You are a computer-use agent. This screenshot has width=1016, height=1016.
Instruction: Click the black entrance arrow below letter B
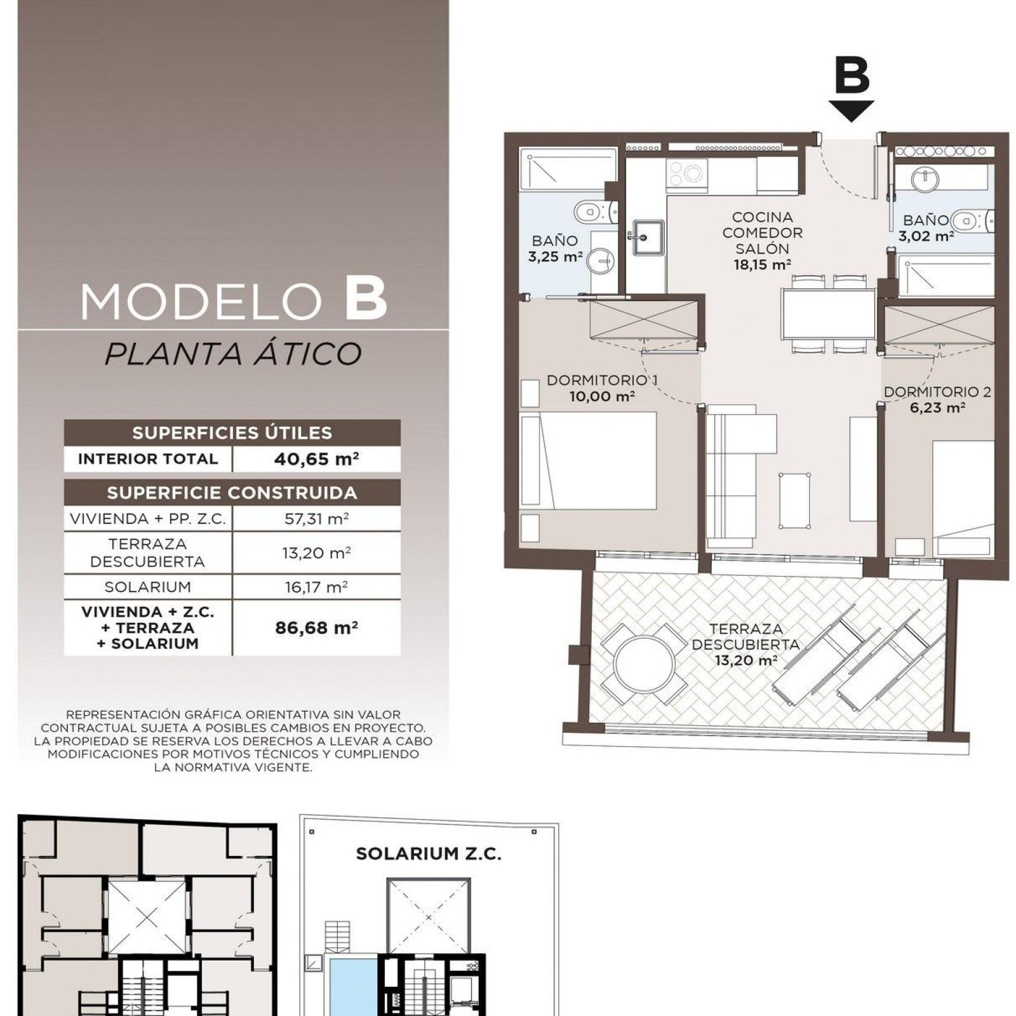coord(851,111)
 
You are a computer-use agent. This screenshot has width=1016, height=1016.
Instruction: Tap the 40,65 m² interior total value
coord(316,459)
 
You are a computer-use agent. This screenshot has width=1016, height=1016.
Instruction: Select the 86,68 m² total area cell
coord(316,628)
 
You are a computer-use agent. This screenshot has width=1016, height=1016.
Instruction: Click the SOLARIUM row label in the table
coord(148,587)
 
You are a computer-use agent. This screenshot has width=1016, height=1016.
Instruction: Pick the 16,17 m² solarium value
coord(316,587)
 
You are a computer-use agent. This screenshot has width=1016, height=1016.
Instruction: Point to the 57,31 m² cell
coord(316,519)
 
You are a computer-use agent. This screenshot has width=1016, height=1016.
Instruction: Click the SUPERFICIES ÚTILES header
coord(232,433)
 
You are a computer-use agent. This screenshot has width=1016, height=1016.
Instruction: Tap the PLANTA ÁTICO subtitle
coord(232,354)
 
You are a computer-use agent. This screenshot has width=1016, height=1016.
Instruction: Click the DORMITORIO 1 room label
coord(602,380)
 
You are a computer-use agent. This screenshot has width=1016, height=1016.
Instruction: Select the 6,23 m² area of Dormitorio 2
coord(937,408)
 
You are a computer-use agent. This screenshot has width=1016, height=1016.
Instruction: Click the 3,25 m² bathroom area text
coord(555,257)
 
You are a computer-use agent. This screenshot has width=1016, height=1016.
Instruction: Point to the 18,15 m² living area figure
coord(762,265)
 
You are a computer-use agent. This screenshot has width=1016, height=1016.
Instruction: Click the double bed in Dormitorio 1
coord(588,460)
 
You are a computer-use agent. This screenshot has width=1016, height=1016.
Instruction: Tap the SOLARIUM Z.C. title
coord(429,854)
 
